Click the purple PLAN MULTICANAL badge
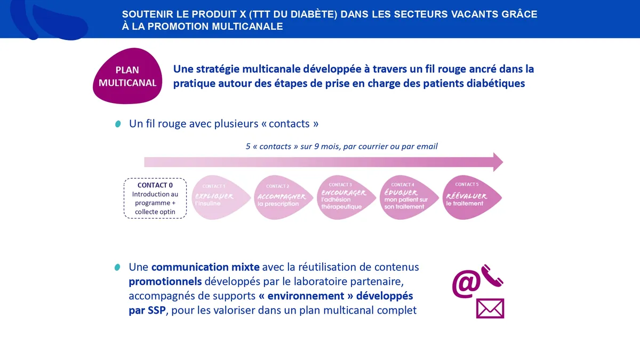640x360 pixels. pos(127,76)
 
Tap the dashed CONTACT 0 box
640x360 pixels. pos(155,198)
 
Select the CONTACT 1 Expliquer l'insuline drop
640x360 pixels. pos(221,197)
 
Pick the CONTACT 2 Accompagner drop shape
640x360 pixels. pos(283,197)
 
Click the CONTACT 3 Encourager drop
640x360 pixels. pos(346,197)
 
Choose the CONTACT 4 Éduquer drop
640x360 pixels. pos(409,197)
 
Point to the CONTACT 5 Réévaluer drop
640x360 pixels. pos(472,197)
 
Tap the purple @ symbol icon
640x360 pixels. pos(466,284)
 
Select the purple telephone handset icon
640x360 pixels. pos(492,276)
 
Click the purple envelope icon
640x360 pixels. pos(490,308)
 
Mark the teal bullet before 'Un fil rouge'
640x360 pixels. pos(118,124)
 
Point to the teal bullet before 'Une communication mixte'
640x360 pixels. pos(117,267)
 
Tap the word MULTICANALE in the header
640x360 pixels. pos(247,26)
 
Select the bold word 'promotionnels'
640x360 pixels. pos(165,282)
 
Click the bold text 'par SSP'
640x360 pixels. pos(147,310)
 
